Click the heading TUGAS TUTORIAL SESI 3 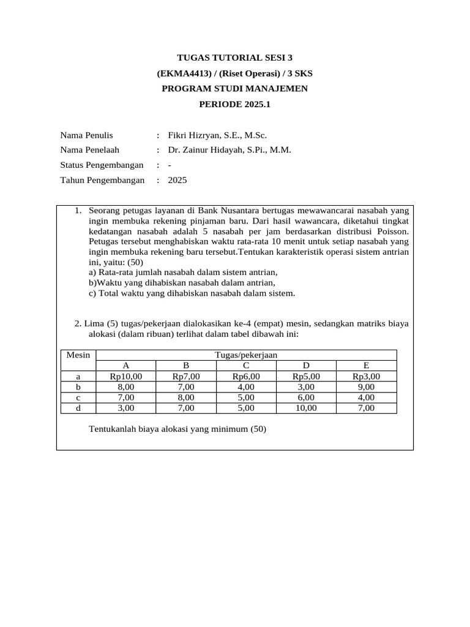click(x=234, y=58)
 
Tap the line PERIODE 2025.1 click(x=234, y=104)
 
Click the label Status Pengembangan click(x=102, y=165)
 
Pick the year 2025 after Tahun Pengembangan click(x=177, y=180)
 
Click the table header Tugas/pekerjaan click(x=247, y=355)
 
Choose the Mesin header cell click(x=78, y=355)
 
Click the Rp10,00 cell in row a click(x=126, y=377)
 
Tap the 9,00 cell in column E click(x=366, y=387)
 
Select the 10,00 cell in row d click(x=306, y=408)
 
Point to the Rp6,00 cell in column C click(x=246, y=377)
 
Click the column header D click(x=306, y=366)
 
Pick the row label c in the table click(x=78, y=397)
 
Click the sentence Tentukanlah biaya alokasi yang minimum click(x=177, y=429)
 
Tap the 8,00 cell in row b click(x=126, y=387)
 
